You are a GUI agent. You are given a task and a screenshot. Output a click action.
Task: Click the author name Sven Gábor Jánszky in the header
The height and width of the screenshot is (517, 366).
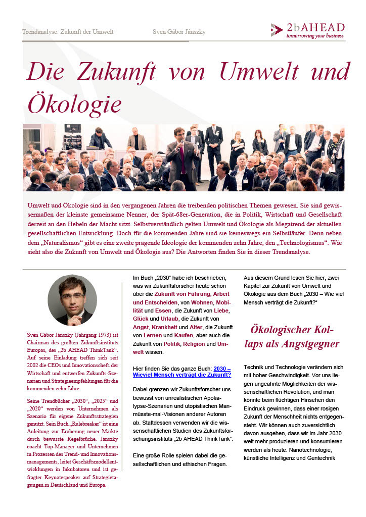tap(179, 32)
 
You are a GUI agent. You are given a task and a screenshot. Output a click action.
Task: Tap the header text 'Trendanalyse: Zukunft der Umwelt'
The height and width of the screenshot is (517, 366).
tap(68, 32)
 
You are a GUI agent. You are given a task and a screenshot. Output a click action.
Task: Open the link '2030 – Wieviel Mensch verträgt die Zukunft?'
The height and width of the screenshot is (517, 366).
tap(181, 372)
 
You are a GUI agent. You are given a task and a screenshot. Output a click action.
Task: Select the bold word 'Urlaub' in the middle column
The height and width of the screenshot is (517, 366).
tap(178, 319)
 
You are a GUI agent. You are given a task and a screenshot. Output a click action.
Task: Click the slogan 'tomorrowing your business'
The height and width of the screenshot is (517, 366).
tap(315, 36)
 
